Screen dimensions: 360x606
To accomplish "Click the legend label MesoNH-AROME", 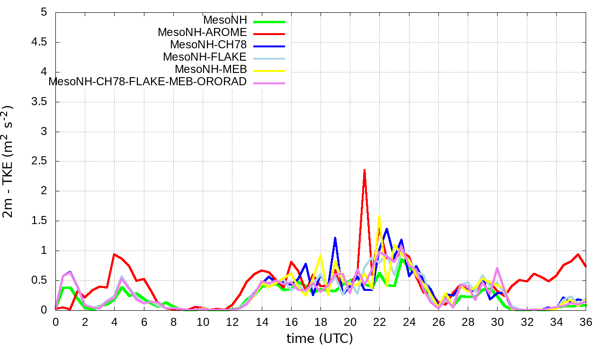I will (x=203, y=33).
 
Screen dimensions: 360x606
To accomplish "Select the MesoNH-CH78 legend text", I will (x=208, y=45).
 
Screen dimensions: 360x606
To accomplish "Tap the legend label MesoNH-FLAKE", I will (x=205, y=57).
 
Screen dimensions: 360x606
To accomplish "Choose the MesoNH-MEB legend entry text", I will (x=211, y=70).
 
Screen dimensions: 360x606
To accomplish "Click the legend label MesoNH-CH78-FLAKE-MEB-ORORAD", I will (x=148, y=82).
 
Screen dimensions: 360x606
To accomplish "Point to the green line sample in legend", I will (x=269, y=21).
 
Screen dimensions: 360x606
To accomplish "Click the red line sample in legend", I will (x=269, y=34).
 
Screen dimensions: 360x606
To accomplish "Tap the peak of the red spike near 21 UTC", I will (x=365, y=170).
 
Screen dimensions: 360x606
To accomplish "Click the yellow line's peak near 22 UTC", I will (x=379, y=216).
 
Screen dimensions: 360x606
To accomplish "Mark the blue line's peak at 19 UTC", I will (x=335, y=237).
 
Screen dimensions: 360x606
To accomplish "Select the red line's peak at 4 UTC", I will (x=115, y=254).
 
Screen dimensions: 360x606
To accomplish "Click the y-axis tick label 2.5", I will (x=40, y=162).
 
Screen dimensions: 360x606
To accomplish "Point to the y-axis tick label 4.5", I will (x=40, y=42).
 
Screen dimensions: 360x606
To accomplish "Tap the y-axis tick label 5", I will (x=44, y=12).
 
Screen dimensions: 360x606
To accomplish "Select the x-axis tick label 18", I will (x=321, y=322).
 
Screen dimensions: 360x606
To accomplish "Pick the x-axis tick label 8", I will (x=173, y=322).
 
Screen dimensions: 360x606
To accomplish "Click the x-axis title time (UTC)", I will (x=320, y=339).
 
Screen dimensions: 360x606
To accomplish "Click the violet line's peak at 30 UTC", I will (x=497, y=268).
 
